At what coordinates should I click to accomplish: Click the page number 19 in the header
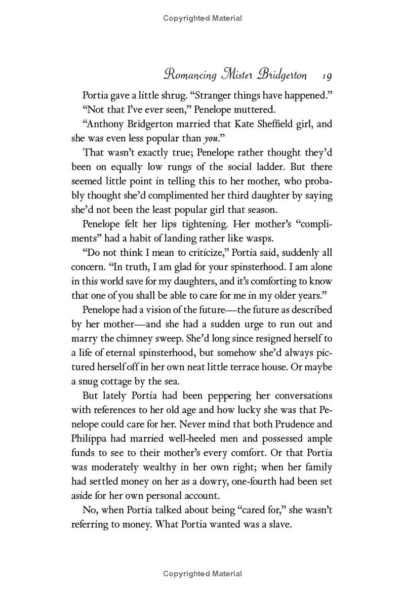(x=326, y=76)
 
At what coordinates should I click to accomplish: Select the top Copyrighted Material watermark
(x=202, y=18)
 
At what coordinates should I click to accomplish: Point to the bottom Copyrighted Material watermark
(x=202, y=573)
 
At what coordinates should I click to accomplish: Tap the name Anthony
(x=107, y=124)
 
